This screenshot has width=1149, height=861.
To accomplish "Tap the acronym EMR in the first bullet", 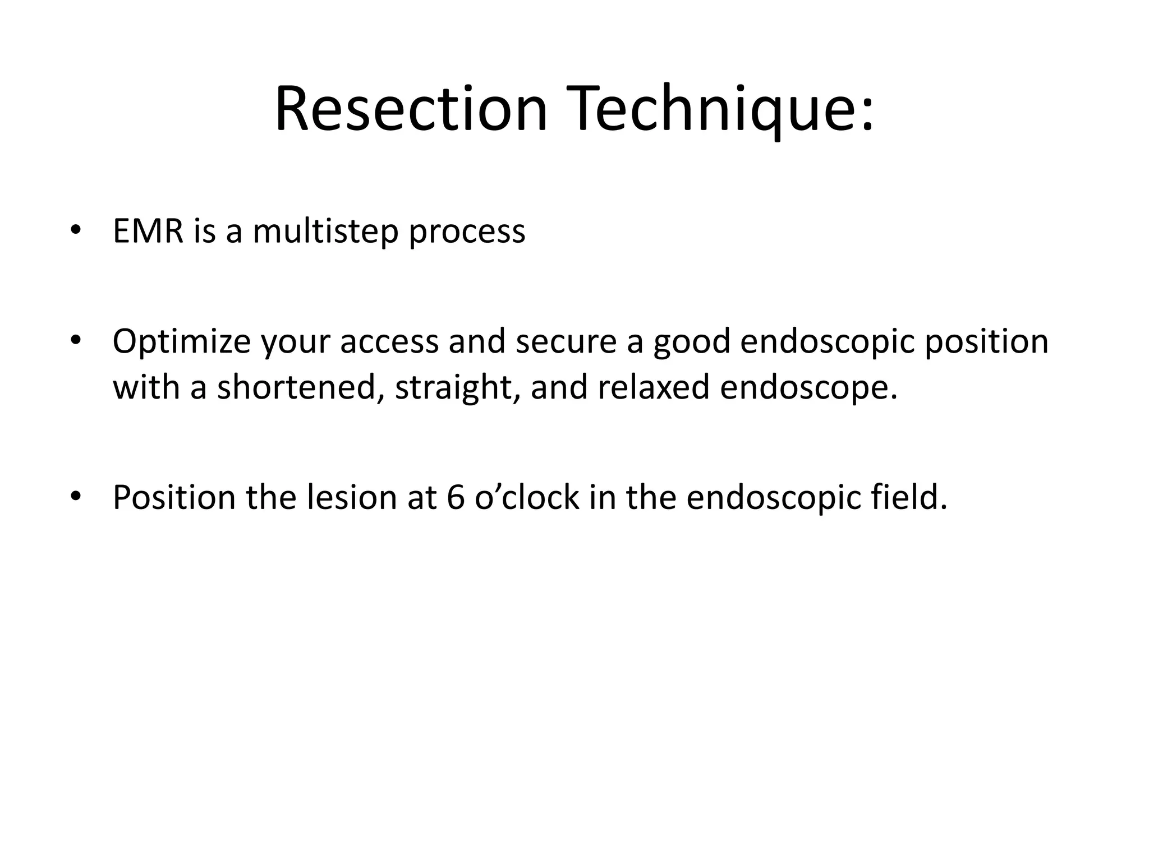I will click(148, 231).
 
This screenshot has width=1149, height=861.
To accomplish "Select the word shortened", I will click(296, 387).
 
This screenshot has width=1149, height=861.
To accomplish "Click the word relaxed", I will click(654, 387).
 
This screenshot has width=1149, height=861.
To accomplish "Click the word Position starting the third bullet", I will click(174, 498).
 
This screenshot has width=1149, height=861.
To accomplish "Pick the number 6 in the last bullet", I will click(456, 498).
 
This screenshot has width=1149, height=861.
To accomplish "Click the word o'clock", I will click(527, 498).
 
